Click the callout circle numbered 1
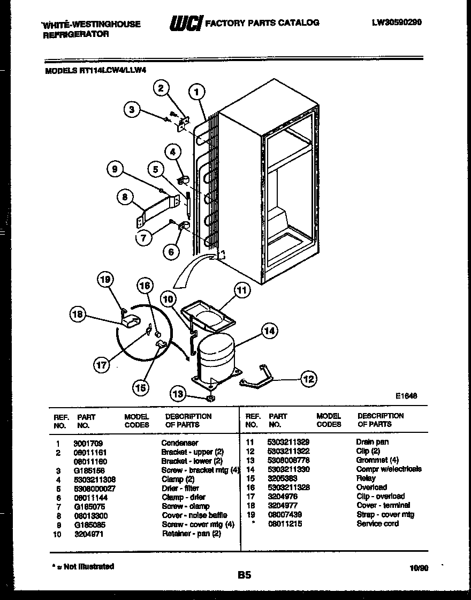point(197,92)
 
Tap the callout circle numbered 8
point(125,197)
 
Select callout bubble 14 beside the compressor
point(269,331)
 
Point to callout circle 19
point(105,279)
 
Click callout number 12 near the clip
point(308,379)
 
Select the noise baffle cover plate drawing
point(157,211)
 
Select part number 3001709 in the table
point(88,443)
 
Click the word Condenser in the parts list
point(180,443)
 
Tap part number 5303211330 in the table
point(288,469)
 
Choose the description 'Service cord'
point(378,523)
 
